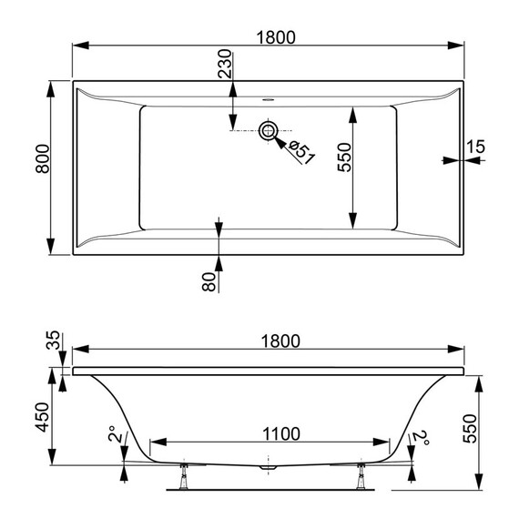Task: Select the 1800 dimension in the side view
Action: point(275,341)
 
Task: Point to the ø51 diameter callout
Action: point(302,151)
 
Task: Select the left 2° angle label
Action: point(112,436)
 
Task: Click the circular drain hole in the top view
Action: point(269,131)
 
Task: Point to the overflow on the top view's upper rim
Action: point(269,97)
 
